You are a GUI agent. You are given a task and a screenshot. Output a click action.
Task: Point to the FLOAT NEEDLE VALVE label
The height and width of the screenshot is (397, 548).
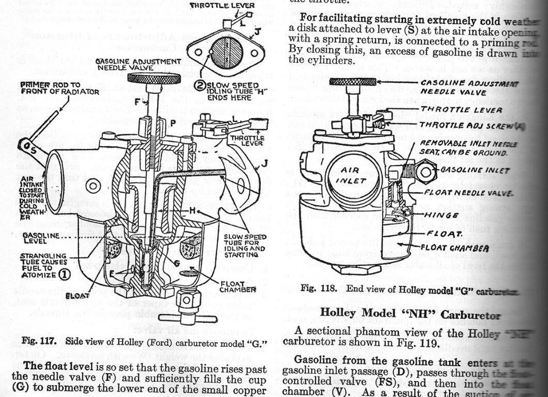tap(468, 193)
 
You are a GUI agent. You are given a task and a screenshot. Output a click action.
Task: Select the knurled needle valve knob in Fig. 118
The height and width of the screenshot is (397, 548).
tap(353, 82)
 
